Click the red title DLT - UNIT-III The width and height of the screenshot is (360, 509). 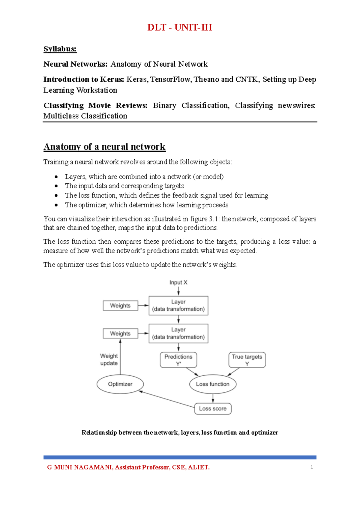click(x=180, y=27)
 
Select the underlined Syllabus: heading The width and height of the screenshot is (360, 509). click(x=60, y=49)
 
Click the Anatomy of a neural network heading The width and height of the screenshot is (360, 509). click(x=104, y=147)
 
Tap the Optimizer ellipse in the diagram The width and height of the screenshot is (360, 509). click(x=120, y=384)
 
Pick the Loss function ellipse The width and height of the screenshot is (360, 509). click(x=213, y=384)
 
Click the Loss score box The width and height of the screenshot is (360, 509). click(x=213, y=409)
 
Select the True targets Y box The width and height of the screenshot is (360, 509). click(x=247, y=360)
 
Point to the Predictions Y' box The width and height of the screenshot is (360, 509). click(x=178, y=360)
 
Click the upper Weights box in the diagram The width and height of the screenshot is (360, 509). click(x=120, y=306)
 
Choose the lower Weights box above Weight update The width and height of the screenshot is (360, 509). click(x=120, y=333)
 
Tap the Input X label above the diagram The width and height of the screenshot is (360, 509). click(x=178, y=282)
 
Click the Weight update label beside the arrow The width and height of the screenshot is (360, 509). click(x=109, y=360)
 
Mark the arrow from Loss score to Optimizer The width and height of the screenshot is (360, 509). click(x=167, y=399)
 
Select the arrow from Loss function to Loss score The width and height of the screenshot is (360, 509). click(x=213, y=398)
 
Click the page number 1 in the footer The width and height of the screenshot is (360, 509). click(x=312, y=467)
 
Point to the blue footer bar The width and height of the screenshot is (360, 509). click(x=180, y=457)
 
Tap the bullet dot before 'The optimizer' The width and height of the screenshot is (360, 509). click(x=56, y=205)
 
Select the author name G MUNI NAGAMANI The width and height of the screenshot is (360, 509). click(x=79, y=467)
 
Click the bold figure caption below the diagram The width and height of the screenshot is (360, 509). click(x=180, y=432)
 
